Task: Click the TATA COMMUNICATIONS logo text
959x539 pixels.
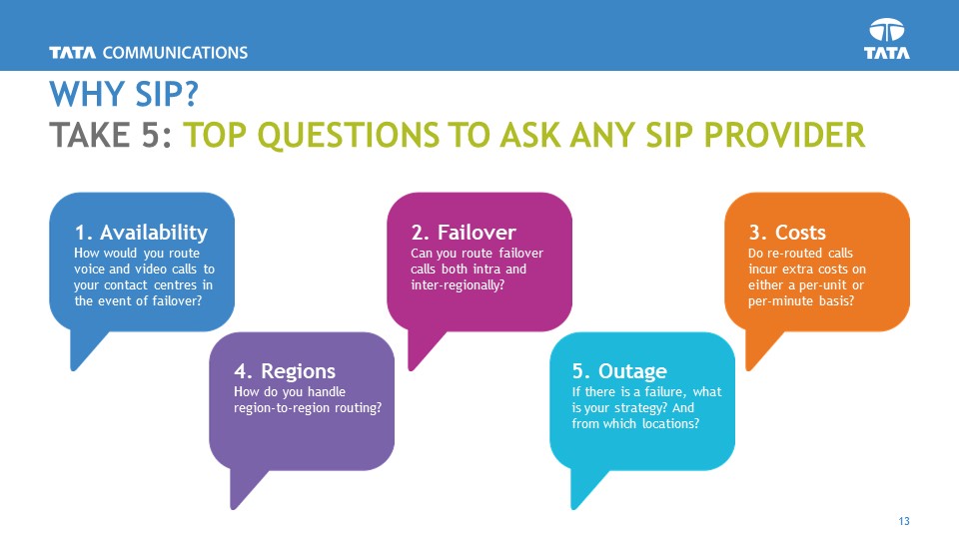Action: pyautogui.click(x=148, y=52)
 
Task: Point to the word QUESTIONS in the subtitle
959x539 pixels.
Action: pyautogui.click(x=371, y=134)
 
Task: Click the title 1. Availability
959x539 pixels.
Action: pyautogui.click(x=141, y=233)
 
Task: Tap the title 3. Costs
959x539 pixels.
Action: pyautogui.click(x=787, y=233)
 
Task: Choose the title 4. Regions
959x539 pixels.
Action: pyautogui.click(x=284, y=372)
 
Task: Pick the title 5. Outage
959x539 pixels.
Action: pyautogui.click(x=619, y=372)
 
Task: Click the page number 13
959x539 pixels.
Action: pyautogui.click(x=905, y=522)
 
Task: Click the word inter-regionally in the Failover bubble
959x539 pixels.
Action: pyautogui.click(x=456, y=285)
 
